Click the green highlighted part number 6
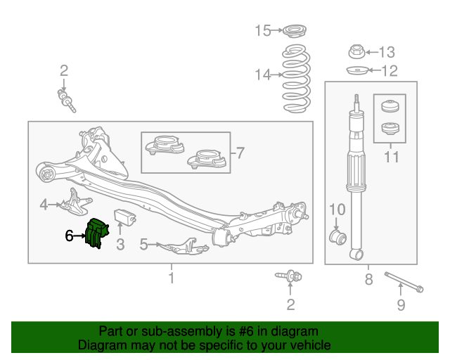(97, 233)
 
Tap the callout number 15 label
(262, 30)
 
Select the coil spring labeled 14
(297, 78)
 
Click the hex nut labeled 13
(356, 51)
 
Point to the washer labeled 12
(356, 70)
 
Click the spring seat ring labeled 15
(295, 30)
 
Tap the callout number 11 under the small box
(391, 157)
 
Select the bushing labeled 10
(337, 237)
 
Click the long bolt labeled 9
(404, 282)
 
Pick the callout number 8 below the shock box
(368, 279)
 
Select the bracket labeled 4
(75, 202)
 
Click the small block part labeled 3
(125, 217)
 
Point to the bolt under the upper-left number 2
(67, 101)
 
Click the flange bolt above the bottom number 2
(289, 276)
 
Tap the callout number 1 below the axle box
(172, 278)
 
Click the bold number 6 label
(69, 236)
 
